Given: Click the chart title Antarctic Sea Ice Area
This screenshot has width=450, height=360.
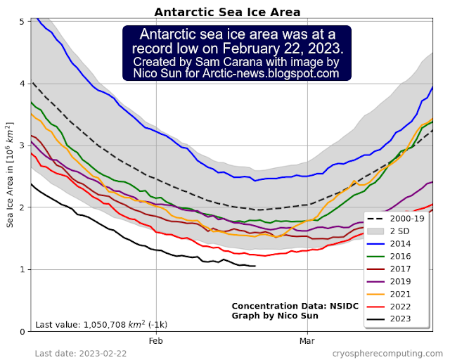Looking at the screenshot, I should click(226, 12).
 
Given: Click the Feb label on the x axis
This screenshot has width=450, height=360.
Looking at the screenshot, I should click(155, 341).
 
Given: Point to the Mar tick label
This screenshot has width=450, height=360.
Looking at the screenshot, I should click(307, 341).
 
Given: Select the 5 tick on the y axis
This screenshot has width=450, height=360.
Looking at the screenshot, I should click(22, 22).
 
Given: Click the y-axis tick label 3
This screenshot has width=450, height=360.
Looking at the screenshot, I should click(22, 146).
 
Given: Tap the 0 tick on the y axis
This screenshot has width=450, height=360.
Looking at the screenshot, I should click(22, 331).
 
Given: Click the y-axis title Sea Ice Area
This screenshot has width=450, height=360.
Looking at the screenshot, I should click(10, 176).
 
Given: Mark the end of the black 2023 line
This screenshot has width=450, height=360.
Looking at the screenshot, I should click(255, 266).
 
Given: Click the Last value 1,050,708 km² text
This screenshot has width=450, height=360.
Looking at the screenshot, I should click(101, 325).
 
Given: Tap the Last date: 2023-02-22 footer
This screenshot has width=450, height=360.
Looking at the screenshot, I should click(82, 352).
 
